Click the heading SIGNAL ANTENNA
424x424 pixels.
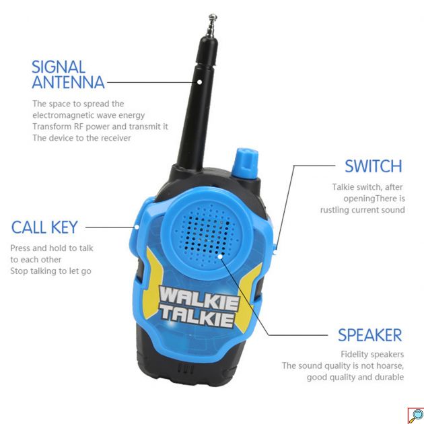coord(68,75)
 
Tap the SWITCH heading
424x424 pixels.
coord(373,166)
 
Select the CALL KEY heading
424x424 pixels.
coord(44,227)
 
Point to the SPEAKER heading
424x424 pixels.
coord(369,335)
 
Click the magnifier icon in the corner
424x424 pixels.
coord(415,415)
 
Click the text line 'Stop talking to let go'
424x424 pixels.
coord(50,271)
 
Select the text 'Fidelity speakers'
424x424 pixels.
coord(372,354)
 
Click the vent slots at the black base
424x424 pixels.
coord(182,369)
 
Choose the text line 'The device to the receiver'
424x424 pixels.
coord(81,138)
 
